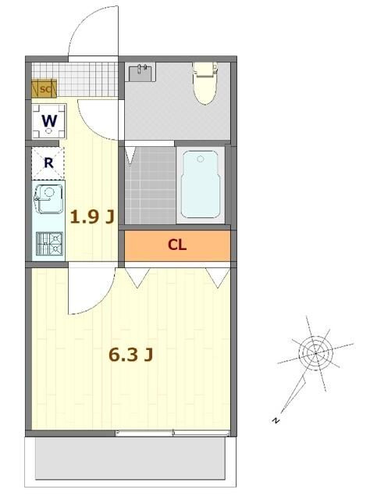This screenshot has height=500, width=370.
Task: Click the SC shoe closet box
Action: tap(44, 88)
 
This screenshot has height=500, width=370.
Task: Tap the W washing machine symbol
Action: tap(48, 121)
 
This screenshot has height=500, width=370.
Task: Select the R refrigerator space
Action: tap(48, 163)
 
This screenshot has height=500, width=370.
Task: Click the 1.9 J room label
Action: tap(92, 217)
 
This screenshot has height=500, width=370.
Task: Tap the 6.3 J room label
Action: tap(130, 355)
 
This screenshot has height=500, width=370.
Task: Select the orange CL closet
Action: tap(177, 245)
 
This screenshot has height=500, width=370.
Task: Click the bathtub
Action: tap(202, 184)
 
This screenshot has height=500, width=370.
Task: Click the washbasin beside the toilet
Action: tap(143, 73)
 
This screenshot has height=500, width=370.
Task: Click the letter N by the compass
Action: tap(276, 420)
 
